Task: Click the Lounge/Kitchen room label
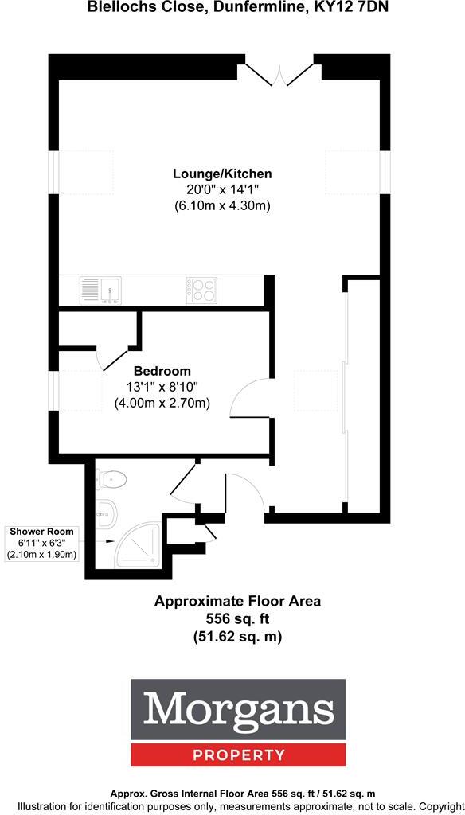223,174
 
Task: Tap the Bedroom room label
162,371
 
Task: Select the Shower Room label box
42,542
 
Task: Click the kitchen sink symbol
100,289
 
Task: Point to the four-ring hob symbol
201,289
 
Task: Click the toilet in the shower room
111,479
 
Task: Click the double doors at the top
278,75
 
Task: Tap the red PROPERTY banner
238,755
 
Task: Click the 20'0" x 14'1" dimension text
223,189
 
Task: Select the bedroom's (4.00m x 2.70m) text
162,403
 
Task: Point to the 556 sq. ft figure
237,618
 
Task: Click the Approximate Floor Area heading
237,601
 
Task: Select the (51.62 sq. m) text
237,636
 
